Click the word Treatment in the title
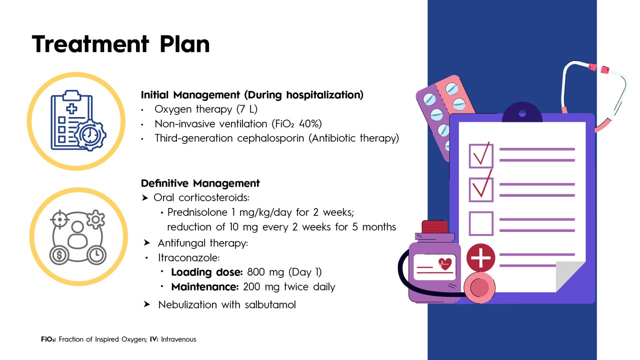pyautogui.click(x=90, y=44)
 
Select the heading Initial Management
pyautogui.click(x=190, y=95)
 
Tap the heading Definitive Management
pyautogui.click(x=200, y=183)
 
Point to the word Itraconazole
pyautogui.click(x=189, y=257)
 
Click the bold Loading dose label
pyautogui.click(x=207, y=272)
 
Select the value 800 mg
pyautogui.click(x=265, y=272)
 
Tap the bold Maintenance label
pyautogui.click(x=205, y=286)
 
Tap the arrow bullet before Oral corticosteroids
pyautogui.click(x=145, y=197)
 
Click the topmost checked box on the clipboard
pyautogui.click(x=481, y=155)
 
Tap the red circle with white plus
pyautogui.click(x=480, y=257)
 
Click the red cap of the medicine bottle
pyautogui.click(x=434, y=227)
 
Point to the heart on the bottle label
pyautogui.click(x=444, y=263)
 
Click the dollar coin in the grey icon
pyautogui.click(x=59, y=255)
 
